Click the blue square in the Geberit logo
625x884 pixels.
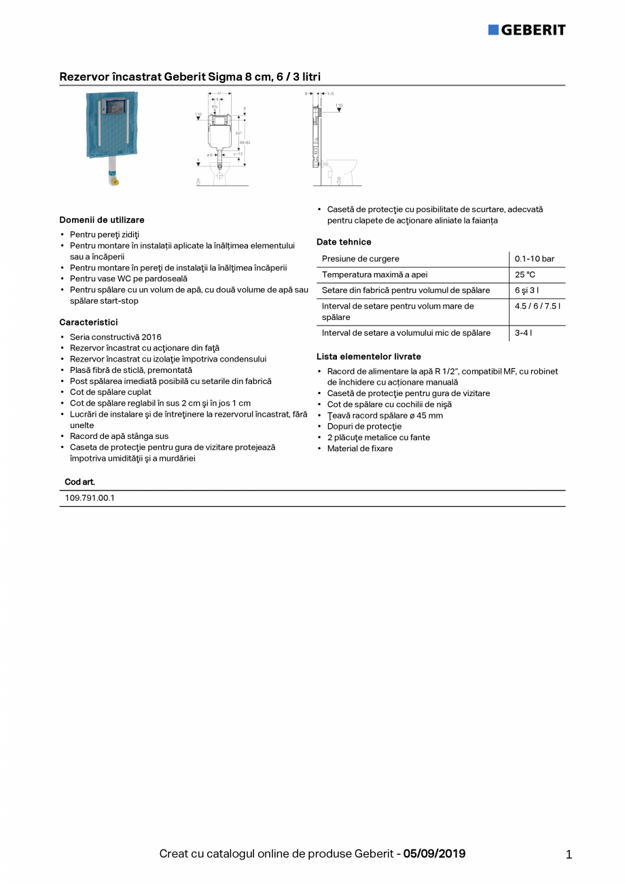tap(493, 30)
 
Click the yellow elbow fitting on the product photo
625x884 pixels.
tap(115, 182)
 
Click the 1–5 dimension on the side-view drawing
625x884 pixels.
tap(330, 92)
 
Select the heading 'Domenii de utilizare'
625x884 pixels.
tap(102, 220)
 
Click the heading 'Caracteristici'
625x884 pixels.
tap(88, 322)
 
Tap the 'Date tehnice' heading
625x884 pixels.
tap(344, 242)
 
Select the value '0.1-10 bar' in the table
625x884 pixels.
tap(535, 259)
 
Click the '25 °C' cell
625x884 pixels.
tap(525, 275)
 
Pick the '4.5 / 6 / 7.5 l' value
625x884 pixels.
tap(537, 306)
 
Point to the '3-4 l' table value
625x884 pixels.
tap(523, 333)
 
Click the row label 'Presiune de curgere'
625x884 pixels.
tap(361, 259)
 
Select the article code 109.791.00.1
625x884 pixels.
tap(90, 498)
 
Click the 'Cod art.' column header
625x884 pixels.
tap(79, 482)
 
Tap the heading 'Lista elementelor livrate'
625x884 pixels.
tap(369, 357)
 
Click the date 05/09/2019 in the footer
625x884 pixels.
tap(435, 854)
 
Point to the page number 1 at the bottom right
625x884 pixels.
tap(569, 855)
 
